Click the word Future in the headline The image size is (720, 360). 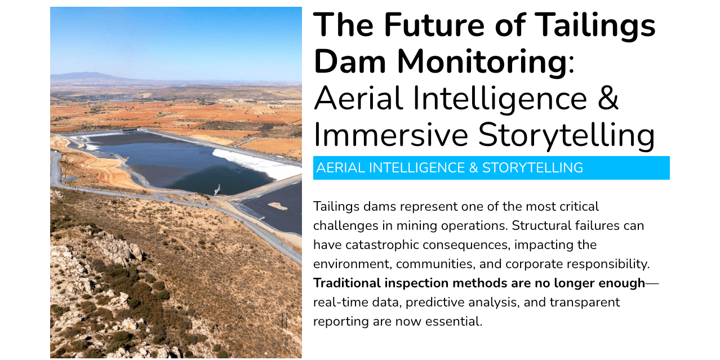point(434,25)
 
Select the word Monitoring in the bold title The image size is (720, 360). point(482,62)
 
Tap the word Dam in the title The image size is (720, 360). point(350,61)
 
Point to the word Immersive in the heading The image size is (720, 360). point(390,135)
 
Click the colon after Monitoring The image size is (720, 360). point(571,65)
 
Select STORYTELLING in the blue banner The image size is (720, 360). point(532,168)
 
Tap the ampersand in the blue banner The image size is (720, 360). point(473,168)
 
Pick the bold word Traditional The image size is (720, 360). point(347,283)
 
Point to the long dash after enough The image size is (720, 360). point(652,283)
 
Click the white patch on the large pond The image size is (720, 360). point(257,164)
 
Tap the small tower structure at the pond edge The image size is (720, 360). point(218,190)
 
